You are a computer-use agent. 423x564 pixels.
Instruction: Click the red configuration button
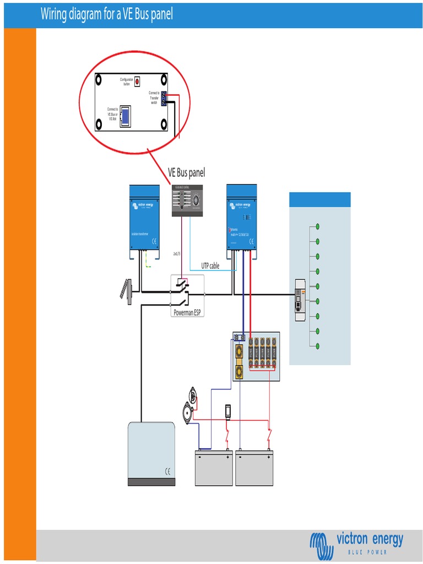[x=137, y=81]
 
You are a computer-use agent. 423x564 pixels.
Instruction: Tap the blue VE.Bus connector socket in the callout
[x=126, y=116]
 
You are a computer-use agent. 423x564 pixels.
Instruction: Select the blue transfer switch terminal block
[x=164, y=99]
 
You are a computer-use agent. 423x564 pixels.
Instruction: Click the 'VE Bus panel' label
[x=186, y=173]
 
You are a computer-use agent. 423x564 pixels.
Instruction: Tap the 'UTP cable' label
[x=210, y=265]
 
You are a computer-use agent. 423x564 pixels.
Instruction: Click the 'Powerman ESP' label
[x=188, y=312]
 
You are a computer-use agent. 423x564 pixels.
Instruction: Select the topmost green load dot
[x=317, y=226]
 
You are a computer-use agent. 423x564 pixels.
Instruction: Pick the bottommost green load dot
[x=317, y=345]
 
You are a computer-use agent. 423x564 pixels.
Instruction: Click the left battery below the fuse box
[x=214, y=468]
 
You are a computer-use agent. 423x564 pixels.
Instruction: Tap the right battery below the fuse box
[x=254, y=468]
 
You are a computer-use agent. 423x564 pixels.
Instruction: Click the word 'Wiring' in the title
[x=57, y=14]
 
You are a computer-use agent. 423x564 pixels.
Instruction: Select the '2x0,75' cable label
[x=176, y=253]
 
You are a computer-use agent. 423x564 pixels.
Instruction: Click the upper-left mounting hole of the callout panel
[x=99, y=80]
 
